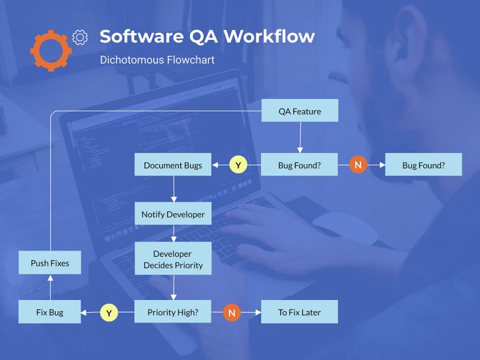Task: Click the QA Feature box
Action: click(x=299, y=111)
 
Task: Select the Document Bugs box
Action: click(x=173, y=165)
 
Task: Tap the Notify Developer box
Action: click(x=173, y=214)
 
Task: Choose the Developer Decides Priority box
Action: click(x=173, y=259)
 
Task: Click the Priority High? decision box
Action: click(x=173, y=312)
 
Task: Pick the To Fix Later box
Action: click(x=299, y=312)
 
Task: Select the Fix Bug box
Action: click(x=49, y=312)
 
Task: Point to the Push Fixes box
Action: click(x=49, y=263)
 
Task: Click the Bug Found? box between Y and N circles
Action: click(x=299, y=165)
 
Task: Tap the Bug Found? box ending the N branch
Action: click(x=423, y=165)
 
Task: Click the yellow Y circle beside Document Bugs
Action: click(x=238, y=165)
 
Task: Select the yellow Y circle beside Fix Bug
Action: click(x=109, y=312)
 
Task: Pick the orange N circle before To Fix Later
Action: click(x=232, y=312)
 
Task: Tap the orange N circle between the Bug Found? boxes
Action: click(x=357, y=165)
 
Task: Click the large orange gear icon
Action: click(x=50, y=49)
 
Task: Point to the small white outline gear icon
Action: click(x=80, y=37)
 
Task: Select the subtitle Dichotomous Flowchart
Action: click(x=157, y=60)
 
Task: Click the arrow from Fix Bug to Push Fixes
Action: click(x=49, y=288)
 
